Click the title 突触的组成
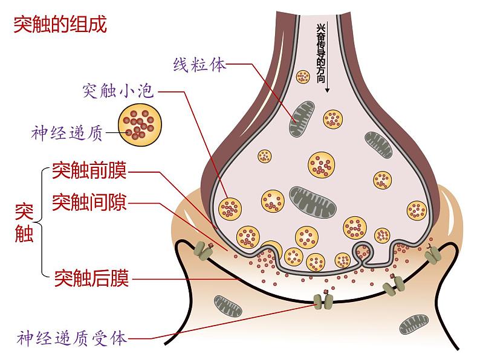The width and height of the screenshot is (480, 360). click(59, 25)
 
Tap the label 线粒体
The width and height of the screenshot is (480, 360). click(199, 64)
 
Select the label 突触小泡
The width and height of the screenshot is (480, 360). click(119, 91)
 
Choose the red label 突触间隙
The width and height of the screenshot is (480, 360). click(89, 202)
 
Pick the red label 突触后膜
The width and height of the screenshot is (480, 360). click(91, 278)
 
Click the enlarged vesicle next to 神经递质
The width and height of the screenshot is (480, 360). click(140, 123)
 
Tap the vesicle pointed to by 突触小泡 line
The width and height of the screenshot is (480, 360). click(230, 208)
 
